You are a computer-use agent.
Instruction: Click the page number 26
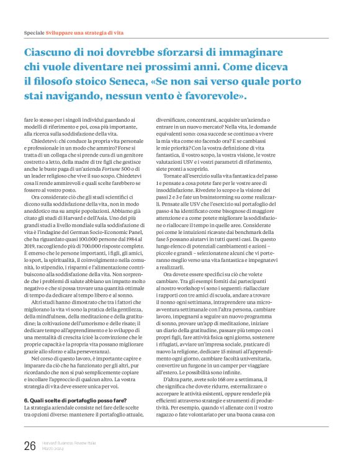29,445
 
